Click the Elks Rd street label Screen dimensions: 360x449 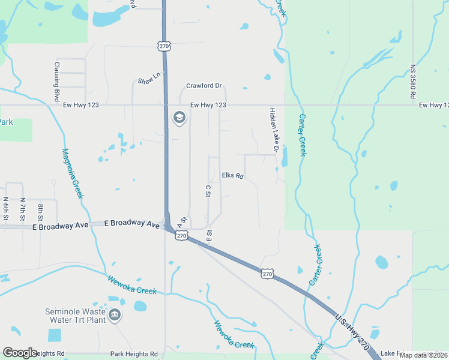click(232, 176)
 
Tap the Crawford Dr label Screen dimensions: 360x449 click(204, 86)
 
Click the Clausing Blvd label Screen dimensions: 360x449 click(56, 81)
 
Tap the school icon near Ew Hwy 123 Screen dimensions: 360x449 click(178, 118)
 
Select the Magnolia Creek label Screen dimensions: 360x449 click(71, 174)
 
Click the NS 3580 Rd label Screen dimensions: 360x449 click(413, 82)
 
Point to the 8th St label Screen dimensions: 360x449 click(41, 211)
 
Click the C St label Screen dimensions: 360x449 click(208, 190)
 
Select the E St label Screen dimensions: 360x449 click(209, 235)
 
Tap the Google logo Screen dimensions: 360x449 click(20, 353)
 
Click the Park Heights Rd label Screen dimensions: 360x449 click(133, 355)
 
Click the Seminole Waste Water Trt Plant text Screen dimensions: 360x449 click(76, 316)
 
